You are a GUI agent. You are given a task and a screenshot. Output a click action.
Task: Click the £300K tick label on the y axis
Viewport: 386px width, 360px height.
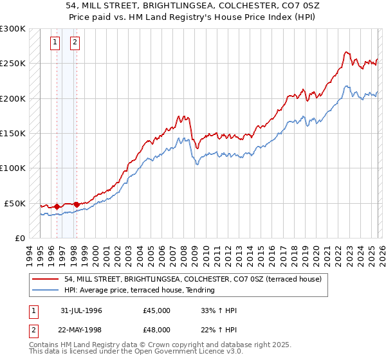(12, 29)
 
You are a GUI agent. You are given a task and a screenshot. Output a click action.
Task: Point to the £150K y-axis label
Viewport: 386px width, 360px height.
(12, 134)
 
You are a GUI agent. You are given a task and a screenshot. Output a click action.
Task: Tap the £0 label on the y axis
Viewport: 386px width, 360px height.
(19, 238)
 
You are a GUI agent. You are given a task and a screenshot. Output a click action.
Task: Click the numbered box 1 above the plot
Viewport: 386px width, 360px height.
(55, 43)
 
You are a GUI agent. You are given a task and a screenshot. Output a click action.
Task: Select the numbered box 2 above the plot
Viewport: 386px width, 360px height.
(75, 43)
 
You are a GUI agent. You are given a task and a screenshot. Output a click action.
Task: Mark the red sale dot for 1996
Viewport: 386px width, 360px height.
(57, 207)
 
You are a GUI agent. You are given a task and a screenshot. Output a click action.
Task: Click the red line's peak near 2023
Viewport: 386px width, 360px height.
(346, 52)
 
